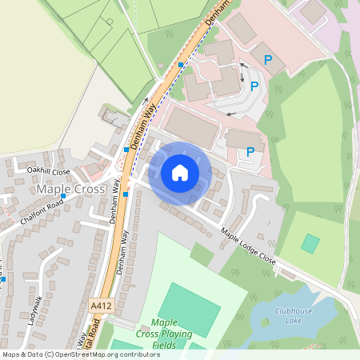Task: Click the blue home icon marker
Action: [x=180, y=172]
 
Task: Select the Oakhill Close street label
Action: [x=49, y=170]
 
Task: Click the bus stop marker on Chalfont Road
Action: [x=63, y=196]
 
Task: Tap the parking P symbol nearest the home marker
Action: [x=250, y=150]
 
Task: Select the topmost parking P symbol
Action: [x=269, y=60]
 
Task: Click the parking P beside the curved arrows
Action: [x=254, y=86]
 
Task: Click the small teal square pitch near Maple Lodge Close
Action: [x=310, y=243]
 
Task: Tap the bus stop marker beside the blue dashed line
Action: [x=182, y=64]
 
